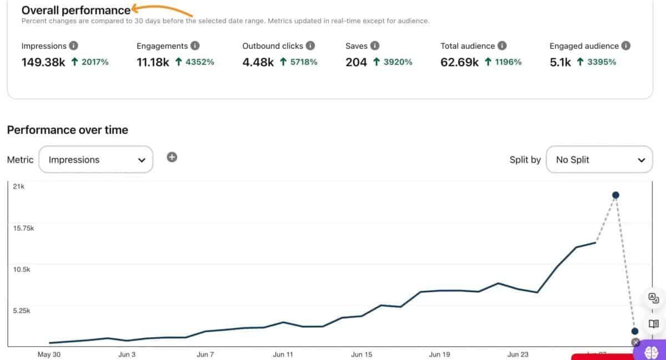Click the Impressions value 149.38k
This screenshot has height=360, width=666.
tap(43, 62)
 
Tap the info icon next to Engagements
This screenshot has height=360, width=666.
tap(195, 46)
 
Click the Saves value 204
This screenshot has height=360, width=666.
tap(356, 62)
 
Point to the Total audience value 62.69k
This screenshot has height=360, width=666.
tap(460, 62)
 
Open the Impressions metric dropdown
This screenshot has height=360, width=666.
tap(96, 160)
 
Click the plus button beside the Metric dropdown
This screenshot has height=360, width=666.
tap(172, 158)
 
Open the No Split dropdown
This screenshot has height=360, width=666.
tap(599, 160)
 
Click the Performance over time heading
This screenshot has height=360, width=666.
tap(68, 130)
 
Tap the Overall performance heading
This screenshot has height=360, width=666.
tap(76, 10)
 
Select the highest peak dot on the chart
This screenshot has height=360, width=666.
tap(615, 195)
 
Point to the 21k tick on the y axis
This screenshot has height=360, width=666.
tap(19, 186)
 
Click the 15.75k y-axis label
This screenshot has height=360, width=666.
tap(23, 228)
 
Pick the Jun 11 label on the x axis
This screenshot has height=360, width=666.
tap(283, 354)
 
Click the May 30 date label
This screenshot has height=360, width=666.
tap(49, 354)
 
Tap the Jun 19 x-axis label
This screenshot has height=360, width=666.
tap(440, 354)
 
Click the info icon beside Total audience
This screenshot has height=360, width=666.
tap(502, 46)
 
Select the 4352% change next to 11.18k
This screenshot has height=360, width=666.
tap(195, 62)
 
